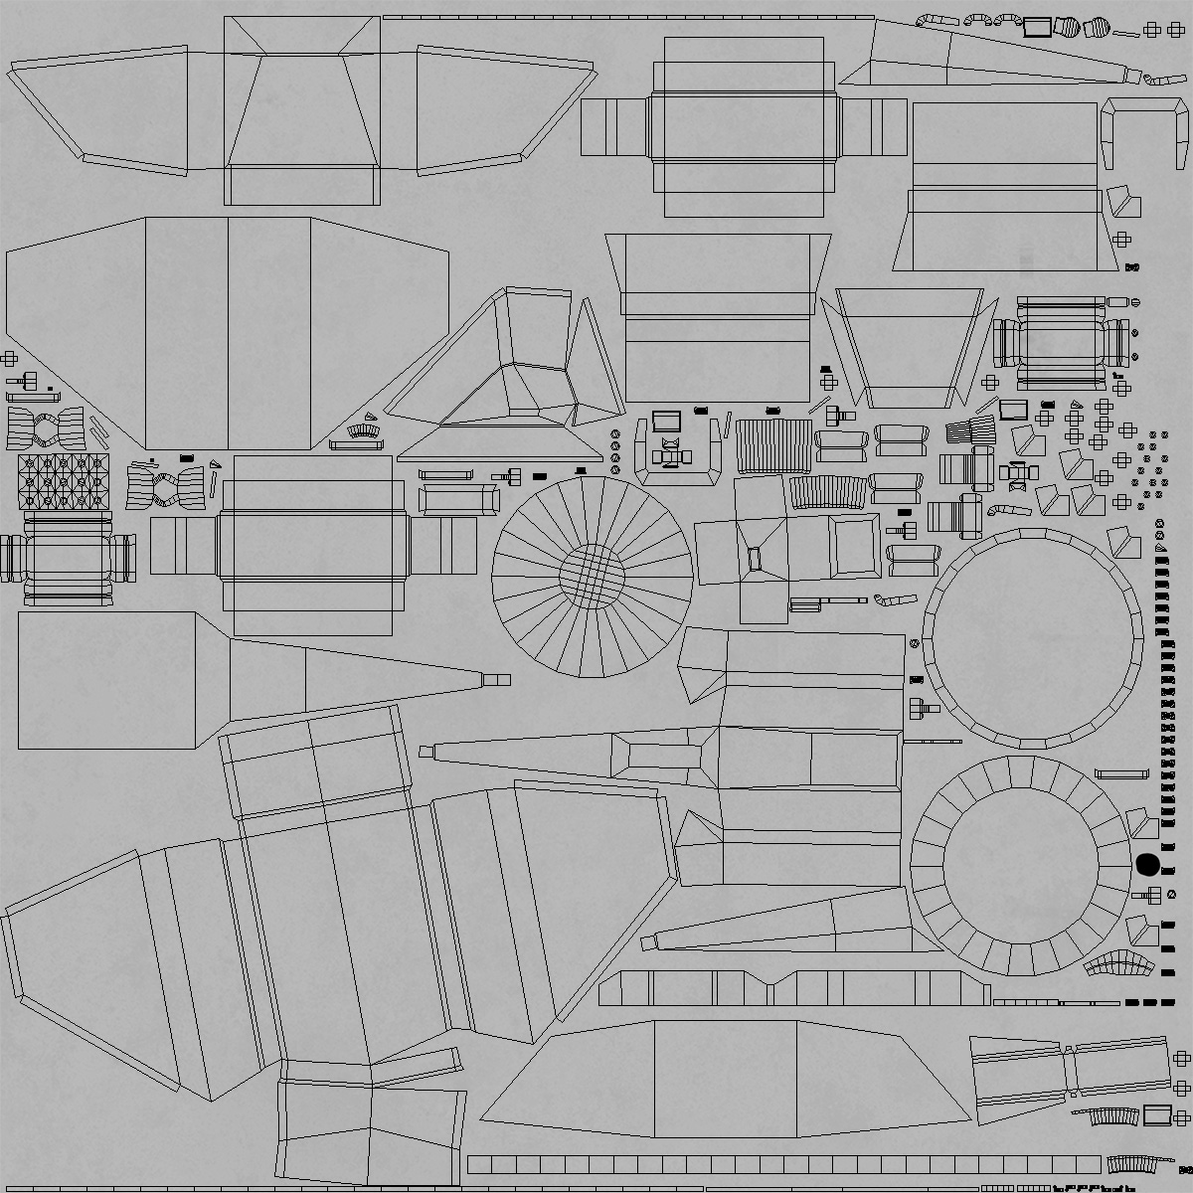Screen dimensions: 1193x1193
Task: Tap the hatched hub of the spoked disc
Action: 591,575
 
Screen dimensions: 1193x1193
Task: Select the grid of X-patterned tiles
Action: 62,481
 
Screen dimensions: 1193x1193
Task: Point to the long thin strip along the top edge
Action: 628,17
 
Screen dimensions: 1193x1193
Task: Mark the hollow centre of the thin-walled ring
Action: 1032,637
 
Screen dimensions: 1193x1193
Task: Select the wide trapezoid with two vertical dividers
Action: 726,1074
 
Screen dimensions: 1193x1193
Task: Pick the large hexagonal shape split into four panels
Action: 227,333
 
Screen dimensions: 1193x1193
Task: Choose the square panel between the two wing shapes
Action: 301,109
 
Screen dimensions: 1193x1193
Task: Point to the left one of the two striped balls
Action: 1068,28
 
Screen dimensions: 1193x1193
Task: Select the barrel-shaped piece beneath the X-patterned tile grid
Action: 68,558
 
